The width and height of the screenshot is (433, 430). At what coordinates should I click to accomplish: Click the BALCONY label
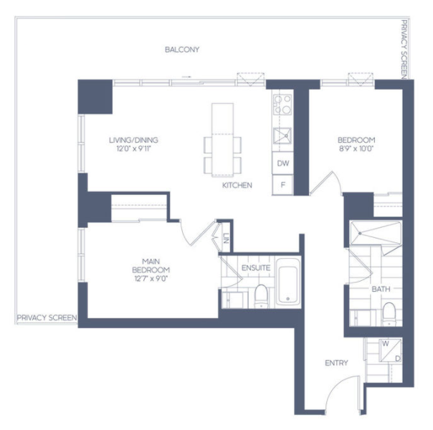coord(182,49)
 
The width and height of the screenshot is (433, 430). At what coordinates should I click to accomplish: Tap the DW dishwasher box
coord(282,163)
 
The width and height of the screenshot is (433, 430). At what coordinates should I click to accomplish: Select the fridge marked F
coord(282,185)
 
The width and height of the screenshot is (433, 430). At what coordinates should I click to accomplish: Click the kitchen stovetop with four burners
coord(282,105)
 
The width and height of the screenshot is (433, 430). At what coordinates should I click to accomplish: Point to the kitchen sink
coord(282,135)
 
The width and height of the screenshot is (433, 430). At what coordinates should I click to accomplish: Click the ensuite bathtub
coord(288,282)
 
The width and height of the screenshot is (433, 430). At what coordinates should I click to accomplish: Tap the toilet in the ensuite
coord(261,296)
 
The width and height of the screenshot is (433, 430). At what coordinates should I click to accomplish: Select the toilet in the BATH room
coord(389,314)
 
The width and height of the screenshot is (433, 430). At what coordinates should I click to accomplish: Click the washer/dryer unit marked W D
coord(390,350)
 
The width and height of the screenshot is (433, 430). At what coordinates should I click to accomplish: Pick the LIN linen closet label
coord(226,238)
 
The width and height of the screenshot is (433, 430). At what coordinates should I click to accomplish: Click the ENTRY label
coord(336,363)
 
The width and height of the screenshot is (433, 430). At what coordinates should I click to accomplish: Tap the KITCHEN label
coord(237,185)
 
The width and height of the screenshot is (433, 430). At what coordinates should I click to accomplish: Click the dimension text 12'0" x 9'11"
coord(134,149)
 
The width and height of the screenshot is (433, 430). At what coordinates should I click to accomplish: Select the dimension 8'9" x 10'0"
coord(356,149)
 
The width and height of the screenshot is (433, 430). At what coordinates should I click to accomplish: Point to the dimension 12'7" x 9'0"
coord(151,279)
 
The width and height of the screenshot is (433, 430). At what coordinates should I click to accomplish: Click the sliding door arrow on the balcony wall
coord(186,77)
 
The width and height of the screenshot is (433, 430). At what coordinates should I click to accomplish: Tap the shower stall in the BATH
coord(376,233)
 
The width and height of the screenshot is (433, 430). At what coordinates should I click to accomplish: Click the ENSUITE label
coord(256,268)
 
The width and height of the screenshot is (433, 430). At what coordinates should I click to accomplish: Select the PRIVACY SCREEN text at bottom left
coord(47,317)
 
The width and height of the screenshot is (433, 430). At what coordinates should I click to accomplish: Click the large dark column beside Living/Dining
coord(95,97)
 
